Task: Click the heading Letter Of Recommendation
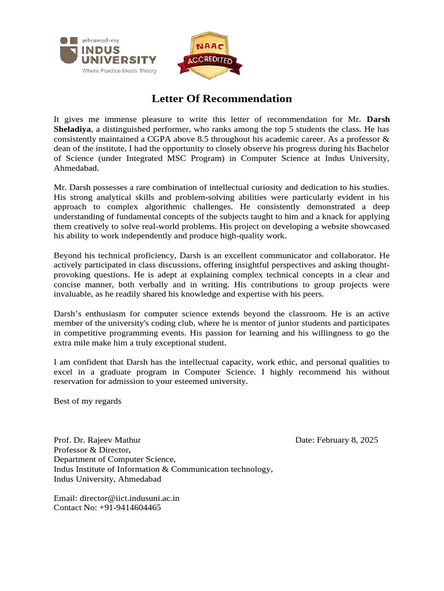(222, 99)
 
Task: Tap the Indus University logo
(108, 55)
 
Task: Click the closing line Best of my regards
(87, 401)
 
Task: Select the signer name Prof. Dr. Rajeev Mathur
(97, 440)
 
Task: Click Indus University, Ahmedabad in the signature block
(108, 479)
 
